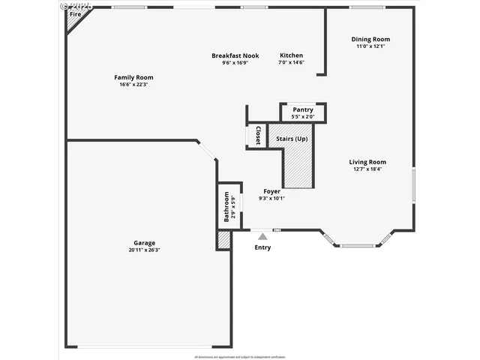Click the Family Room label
[133, 77]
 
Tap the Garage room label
[145, 243]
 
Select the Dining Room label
[371, 40]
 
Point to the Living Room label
[367, 162]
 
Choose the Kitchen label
[292, 55]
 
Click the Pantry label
[303, 109]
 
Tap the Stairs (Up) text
[292, 139]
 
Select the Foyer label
[271, 191]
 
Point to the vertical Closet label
[258, 136]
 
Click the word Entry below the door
[262, 247]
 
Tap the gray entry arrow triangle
[262, 236]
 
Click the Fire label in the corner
[75, 14]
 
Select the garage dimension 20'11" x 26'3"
[145, 250]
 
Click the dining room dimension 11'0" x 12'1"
[370, 46]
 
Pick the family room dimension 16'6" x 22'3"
[133, 84]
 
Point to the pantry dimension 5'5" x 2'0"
[303, 117]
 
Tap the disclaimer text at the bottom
[239, 356]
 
